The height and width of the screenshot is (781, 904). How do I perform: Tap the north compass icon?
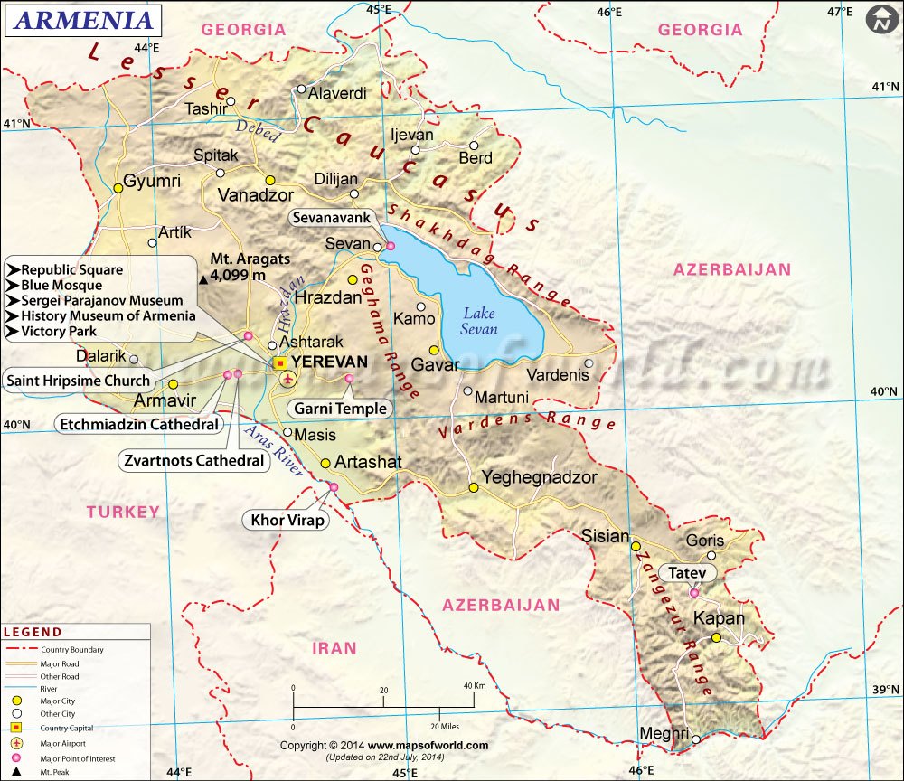pyautogui.click(x=880, y=20)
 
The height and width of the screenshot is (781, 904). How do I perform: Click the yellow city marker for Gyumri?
pyautogui.click(x=118, y=189)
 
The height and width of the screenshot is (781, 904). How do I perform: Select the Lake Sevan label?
pyautogui.click(x=480, y=321)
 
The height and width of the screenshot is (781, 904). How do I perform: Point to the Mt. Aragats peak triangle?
pyautogui.click(x=202, y=279)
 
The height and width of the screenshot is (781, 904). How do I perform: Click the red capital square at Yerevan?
pyautogui.click(x=280, y=362)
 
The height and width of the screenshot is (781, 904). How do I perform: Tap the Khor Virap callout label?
pyautogui.click(x=285, y=520)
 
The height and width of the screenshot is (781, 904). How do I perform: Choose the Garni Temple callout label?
pyautogui.click(x=341, y=409)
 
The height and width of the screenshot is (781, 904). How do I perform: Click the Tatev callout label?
pyautogui.click(x=687, y=573)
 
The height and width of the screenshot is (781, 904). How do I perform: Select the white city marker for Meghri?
pyautogui.click(x=696, y=739)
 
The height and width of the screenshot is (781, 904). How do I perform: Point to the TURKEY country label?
pyautogui.click(x=123, y=512)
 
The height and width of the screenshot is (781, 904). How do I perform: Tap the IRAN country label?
pyautogui.click(x=334, y=648)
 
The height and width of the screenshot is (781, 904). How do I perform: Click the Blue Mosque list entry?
pyautogui.click(x=61, y=285)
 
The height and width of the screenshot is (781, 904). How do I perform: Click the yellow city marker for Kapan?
pyautogui.click(x=716, y=637)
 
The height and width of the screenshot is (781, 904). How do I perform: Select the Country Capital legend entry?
pyautogui.click(x=66, y=728)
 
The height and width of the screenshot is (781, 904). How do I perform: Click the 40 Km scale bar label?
pyautogui.click(x=475, y=686)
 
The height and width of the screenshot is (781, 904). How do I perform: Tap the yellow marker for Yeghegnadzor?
pyautogui.click(x=473, y=487)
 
